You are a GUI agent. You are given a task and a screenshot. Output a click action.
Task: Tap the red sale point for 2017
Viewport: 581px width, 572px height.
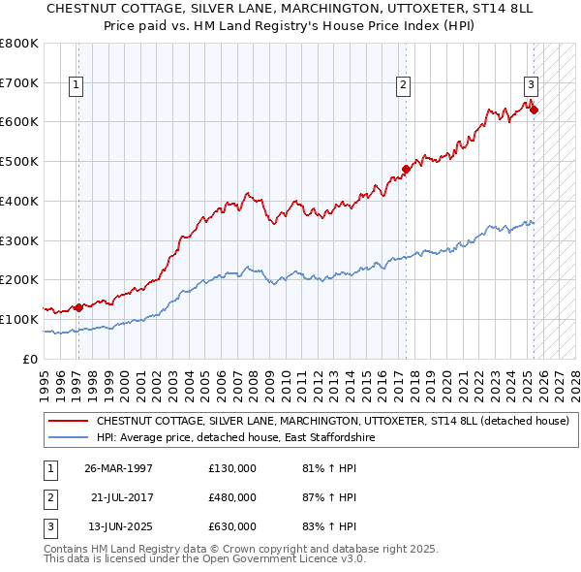[x=406, y=169]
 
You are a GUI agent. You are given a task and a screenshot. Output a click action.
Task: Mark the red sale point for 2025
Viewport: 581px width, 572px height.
[x=534, y=110]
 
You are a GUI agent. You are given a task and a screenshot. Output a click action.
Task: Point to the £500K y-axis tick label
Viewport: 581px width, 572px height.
[x=19, y=161]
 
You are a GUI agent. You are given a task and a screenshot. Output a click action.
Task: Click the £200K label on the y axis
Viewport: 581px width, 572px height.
[x=19, y=280]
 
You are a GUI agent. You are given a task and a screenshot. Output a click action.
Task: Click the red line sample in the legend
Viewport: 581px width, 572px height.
[x=68, y=422]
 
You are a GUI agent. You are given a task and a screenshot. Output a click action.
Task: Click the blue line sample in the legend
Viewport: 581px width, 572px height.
[x=68, y=438]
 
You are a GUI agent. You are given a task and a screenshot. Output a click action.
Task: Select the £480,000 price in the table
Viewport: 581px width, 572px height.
[x=232, y=496]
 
